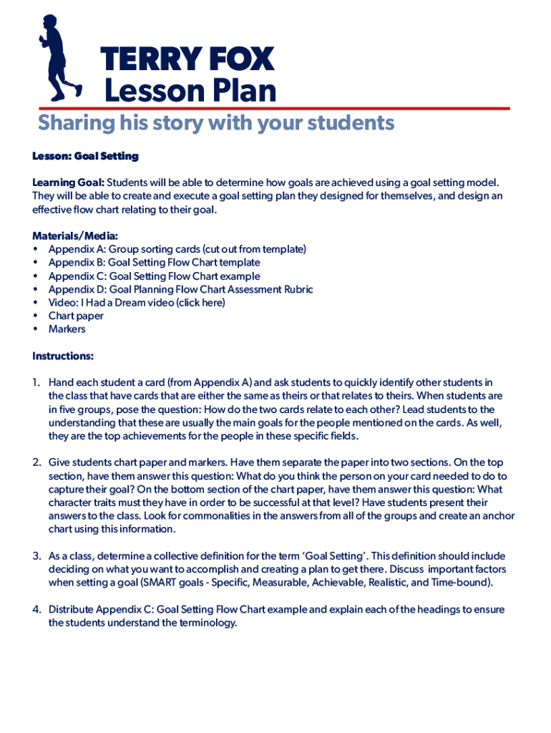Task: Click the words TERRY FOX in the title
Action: click(187, 59)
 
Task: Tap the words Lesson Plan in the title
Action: click(190, 91)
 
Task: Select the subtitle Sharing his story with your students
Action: click(216, 123)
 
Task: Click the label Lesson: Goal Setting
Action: click(85, 156)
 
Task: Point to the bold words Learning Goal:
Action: click(69, 183)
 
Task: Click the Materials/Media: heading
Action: click(75, 236)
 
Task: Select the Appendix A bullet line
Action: click(177, 249)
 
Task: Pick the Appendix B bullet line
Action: click(154, 263)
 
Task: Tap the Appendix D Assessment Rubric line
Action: click(180, 289)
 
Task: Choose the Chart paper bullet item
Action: click(76, 316)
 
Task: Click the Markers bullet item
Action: click(67, 329)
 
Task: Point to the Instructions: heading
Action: click(63, 356)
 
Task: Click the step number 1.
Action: click(36, 383)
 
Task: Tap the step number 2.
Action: click(36, 462)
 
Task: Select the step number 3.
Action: click(36, 556)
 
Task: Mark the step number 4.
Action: click(36, 610)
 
